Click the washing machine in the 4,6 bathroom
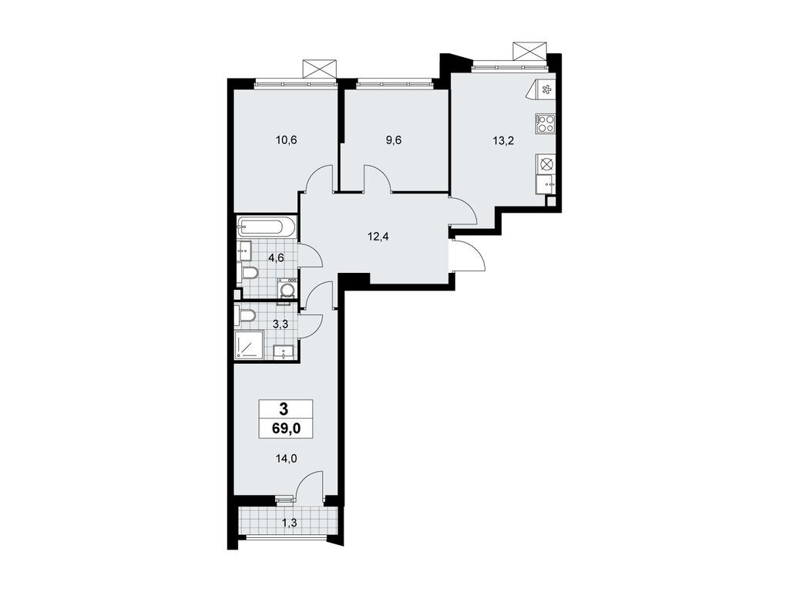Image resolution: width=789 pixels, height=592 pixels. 288,289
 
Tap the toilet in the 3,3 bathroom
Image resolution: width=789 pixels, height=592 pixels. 247,316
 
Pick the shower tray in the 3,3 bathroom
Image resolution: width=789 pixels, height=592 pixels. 249,345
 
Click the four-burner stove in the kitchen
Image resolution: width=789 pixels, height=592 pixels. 546,123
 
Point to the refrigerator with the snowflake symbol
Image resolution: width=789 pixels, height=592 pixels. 546,90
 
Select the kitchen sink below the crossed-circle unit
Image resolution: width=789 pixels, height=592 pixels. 546,183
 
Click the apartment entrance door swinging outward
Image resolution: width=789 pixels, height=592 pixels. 468,254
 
